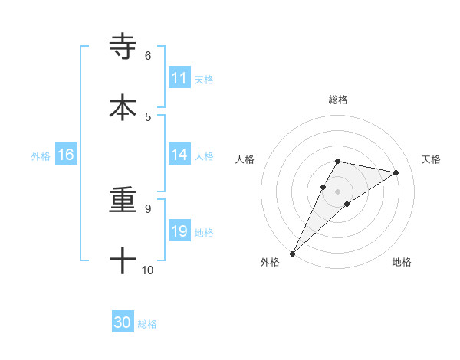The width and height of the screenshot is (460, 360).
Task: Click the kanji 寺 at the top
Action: tap(123, 47)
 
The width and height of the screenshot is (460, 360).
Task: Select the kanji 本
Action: tap(123, 107)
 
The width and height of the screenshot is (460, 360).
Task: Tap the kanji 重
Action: tap(123, 201)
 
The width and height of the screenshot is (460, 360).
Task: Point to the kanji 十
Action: tap(123, 261)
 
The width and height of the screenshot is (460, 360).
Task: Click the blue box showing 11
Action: tap(179, 78)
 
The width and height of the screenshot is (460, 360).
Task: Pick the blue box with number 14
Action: tap(179, 155)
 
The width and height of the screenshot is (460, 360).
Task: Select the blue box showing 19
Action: tap(179, 231)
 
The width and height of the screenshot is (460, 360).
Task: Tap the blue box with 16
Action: tap(65, 155)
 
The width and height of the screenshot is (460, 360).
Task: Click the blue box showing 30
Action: tap(123, 322)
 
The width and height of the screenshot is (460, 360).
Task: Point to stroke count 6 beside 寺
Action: tap(147, 56)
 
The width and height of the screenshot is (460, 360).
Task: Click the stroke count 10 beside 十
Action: tap(148, 270)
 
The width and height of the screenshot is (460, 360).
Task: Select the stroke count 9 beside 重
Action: tap(147, 208)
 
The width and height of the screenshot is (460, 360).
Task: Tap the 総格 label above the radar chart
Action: tap(337, 100)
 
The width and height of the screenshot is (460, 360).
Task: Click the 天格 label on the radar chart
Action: tap(431, 159)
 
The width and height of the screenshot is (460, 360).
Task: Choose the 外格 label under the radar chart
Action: tap(270, 262)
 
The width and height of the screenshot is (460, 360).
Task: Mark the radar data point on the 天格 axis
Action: tap(396, 172)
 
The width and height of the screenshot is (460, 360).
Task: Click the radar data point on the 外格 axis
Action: tap(292, 253)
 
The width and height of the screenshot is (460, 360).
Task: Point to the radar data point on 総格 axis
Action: tap(337, 161)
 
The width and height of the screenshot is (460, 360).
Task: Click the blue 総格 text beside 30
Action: tap(147, 323)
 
